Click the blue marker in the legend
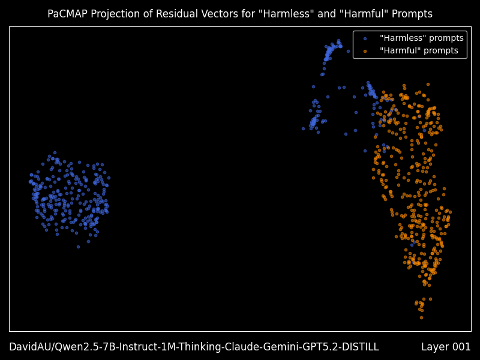(x=365, y=38)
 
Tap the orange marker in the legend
(x=365, y=51)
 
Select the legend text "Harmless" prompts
(x=421, y=38)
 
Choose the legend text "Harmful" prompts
(x=419, y=51)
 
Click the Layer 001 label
(x=446, y=347)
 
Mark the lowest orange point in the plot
(x=421, y=317)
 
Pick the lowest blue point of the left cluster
(x=78, y=247)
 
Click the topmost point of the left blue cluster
(x=55, y=152)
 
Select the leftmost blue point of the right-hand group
(x=303, y=128)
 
